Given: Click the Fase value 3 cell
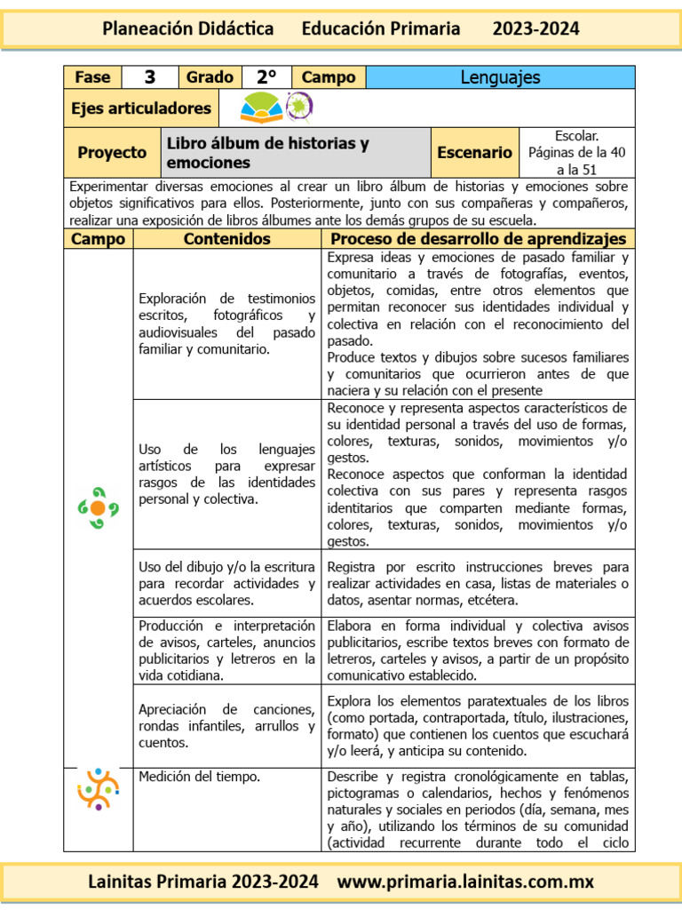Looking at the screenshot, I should click(x=150, y=77).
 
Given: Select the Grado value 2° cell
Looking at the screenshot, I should click(x=265, y=77).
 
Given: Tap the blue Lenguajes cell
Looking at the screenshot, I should click(x=500, y=77).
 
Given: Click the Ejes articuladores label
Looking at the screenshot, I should click(x=141, y=108).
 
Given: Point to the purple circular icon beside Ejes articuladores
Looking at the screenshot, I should click(x=299, y=107).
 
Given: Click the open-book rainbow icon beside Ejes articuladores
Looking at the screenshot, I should click(x=261, y=108).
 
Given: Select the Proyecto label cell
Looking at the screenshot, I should click(x=112, y=152).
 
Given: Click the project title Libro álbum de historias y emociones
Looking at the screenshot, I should click(x=267, y=153).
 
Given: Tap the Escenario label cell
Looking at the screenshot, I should click(x=474, y=152).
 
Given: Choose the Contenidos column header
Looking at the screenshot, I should click(x=226, y=239).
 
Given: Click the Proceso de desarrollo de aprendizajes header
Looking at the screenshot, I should click(x=478, y=239).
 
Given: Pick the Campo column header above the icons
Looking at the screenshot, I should click(x=98, y=239).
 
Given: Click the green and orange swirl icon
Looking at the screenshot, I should click(x=98, y=507).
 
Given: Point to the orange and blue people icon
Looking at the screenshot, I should click(x=98, y=788).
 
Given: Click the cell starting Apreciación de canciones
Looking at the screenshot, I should click(x=226, y=726).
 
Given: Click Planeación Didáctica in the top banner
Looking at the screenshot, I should click(x=188, y=28).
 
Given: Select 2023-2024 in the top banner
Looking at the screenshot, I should click(x=535, y=28).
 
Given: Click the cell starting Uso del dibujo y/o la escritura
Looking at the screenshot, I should click(x=226, y=583).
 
